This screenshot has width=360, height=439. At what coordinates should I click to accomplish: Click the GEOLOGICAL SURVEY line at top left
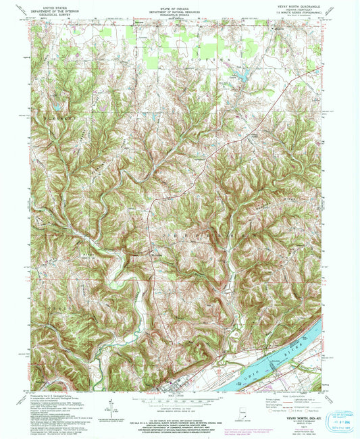60,12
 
